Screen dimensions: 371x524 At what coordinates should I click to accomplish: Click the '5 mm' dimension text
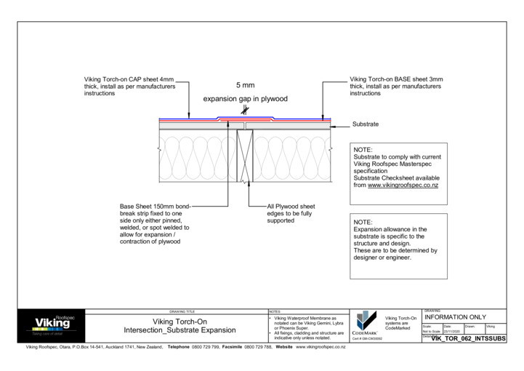[x=245, y=85]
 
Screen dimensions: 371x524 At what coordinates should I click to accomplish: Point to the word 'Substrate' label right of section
[x=366, y=124]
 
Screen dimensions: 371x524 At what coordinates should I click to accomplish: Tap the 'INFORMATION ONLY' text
[x=454, y=318]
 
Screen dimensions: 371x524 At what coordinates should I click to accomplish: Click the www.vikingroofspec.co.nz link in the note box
[x=408, y=185]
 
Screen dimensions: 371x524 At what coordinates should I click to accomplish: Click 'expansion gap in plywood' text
[x=245, y=99]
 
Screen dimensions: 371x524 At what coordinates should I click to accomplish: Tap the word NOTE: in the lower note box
[x=363, y=222]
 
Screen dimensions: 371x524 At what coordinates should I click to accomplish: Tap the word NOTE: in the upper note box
[x=363, y=150]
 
